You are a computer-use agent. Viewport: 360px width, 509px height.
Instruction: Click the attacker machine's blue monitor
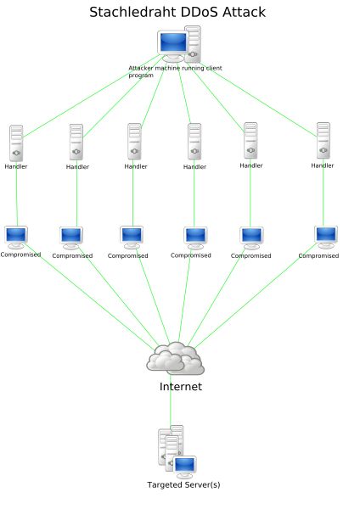coord(172,43)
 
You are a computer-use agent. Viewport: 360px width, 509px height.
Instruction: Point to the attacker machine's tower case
coord(194,43)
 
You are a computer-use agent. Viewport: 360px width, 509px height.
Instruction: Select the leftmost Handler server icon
coord(16,143)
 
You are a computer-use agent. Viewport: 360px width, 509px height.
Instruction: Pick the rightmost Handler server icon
coord(323,141)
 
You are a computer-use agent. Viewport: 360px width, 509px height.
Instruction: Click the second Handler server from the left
coord(76,143)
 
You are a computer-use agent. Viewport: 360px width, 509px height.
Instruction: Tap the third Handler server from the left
coord(134,142)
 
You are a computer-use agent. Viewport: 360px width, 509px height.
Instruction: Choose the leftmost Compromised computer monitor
coord(16,236)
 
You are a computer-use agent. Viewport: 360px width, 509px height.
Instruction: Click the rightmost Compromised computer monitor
coord(326,236)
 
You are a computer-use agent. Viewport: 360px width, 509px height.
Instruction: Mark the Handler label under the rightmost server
coord(323,165)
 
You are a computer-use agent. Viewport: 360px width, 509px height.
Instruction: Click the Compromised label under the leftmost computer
coord(20,255)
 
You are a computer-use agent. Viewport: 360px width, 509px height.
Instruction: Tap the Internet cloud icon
coord(176,359)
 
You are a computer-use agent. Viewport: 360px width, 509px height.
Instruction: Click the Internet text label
coord(181,387)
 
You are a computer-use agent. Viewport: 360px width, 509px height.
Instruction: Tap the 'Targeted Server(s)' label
coord(183,485)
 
